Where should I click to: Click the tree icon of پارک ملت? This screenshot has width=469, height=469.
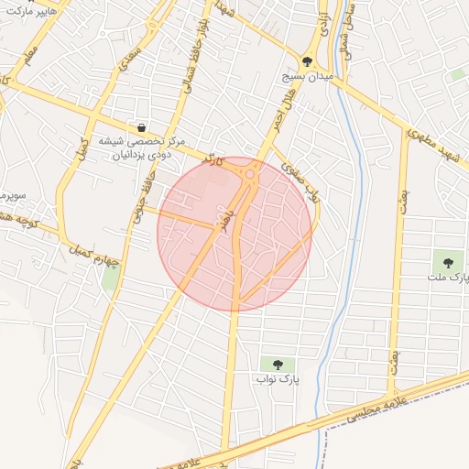[448, 263]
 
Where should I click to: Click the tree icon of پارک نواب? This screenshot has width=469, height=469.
[277, 364]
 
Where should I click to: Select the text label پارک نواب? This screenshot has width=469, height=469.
[277, 377]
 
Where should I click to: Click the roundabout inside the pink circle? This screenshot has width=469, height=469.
[249, 174]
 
